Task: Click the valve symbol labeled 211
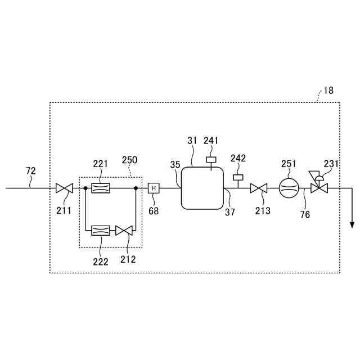click(65, 188)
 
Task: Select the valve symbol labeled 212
click(123, 229)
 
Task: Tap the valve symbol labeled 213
click(259, 188)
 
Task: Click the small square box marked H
click(153, 188)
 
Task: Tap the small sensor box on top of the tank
click(211, 160)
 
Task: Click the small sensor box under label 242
click(237, 178)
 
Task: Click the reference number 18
click(328, 90)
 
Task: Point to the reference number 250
click(129, 160)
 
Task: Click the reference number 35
click(175, 165)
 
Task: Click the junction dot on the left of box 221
click(85, 188)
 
